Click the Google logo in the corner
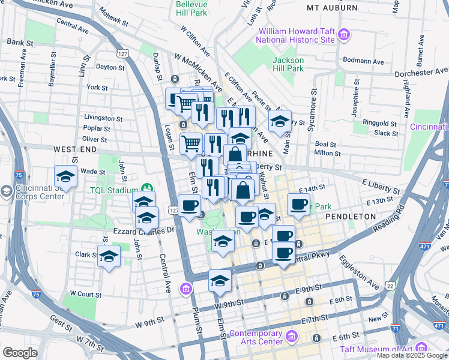[x=20, y=353]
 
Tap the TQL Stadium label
[x=114, y=191]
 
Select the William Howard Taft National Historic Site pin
[x=344, y=35]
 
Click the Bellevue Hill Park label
[x=191, y=7]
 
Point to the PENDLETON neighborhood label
[x=351, y=216]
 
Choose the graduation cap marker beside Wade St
[x=65, y=176]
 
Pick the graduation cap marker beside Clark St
[x=109, y=256]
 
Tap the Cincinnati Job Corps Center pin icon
[x=7, y=191]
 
